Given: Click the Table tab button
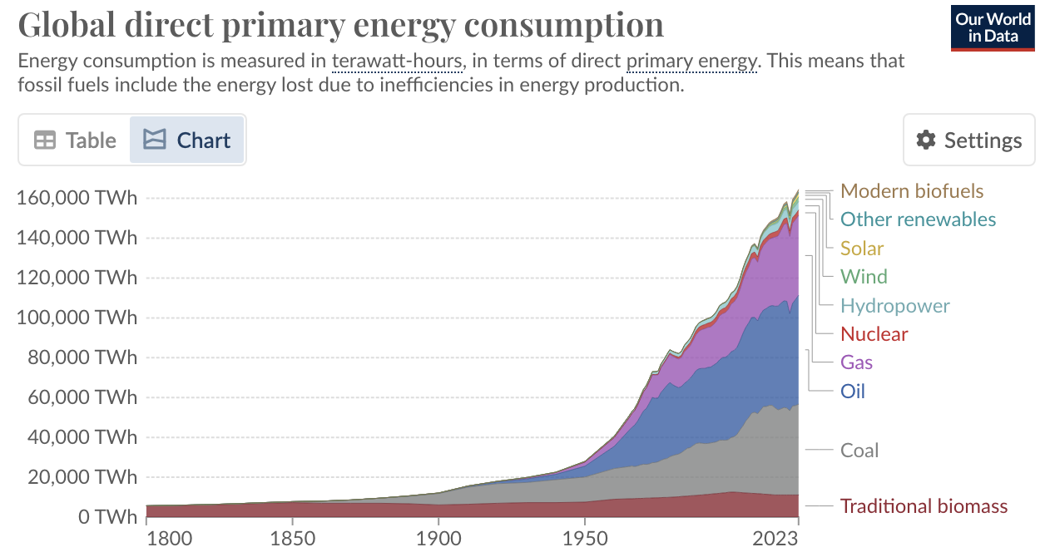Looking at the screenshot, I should [75, 140].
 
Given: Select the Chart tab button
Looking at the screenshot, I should [186, 140].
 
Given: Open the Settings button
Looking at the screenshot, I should [968, 140].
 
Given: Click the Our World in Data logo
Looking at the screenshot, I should [993, 27].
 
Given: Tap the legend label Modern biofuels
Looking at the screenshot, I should [911, 191].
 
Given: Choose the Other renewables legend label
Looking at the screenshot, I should [918, 219].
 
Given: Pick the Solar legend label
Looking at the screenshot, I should [861, 249].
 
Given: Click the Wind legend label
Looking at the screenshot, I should [864, 277].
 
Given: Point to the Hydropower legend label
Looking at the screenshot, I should [894, 306].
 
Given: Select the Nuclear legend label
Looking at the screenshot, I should [874, 334].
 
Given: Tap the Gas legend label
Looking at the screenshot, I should [856, 362].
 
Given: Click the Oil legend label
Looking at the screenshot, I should [852, 391].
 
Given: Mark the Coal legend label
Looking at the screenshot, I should [859, 451].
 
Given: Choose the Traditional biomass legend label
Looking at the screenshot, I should [924, 506].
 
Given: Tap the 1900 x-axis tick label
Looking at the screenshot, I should [438, 537].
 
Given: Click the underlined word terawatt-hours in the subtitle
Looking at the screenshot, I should [396, 61].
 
